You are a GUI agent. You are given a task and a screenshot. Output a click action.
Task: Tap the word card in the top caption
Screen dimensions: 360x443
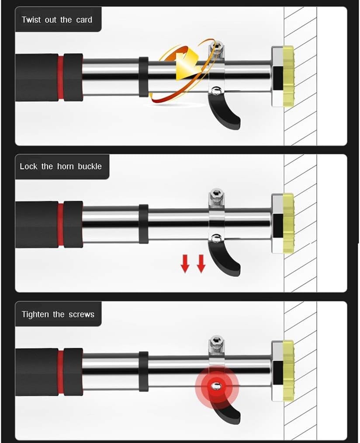pyautogui.click(x=83, y=20)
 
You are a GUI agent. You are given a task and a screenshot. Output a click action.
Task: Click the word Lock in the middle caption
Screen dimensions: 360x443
pyautogui.click(x=29, y=167)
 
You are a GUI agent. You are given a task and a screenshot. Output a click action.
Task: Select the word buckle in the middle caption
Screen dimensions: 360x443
pyautogui.click(x=90, y=167)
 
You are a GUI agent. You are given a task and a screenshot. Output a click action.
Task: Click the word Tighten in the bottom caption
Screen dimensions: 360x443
pyautogui.click(x=35, y=314)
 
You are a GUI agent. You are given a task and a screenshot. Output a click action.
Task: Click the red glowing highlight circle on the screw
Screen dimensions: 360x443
pyautogui.click(x=215, y=386)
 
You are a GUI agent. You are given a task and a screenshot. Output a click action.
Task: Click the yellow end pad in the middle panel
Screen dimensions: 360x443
pyautogui.click(x=288, y=223)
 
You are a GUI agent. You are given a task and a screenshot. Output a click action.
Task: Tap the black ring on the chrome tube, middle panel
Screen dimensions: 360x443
pyautogui.click(x=143, y=223)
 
